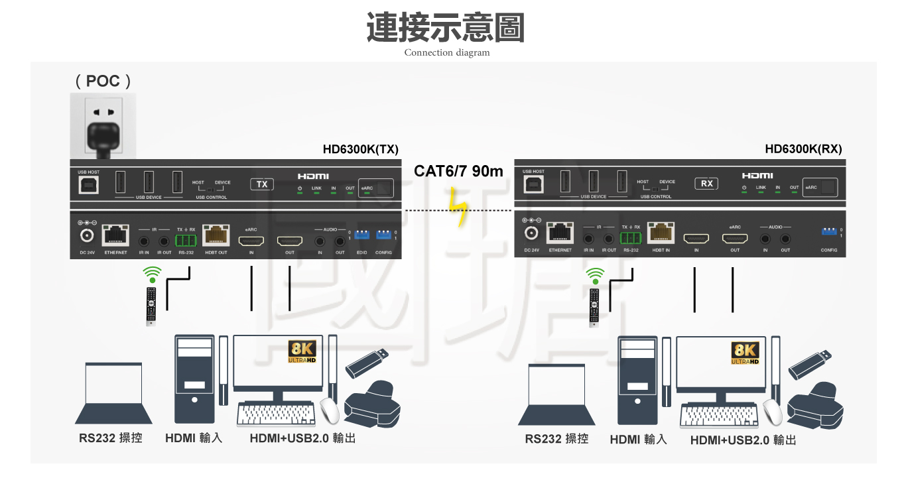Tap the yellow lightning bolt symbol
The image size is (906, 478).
[457, 208]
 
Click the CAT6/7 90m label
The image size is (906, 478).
[458, 171]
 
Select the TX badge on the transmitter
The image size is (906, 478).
[262, 184]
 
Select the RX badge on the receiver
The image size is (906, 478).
[707, 183]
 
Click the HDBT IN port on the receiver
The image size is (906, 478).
[661, 233]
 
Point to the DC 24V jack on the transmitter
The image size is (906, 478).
[87, 235]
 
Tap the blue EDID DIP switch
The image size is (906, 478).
[361, 235]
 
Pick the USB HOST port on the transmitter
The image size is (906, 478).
[88, 184]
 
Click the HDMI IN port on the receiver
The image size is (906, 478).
[696, 239]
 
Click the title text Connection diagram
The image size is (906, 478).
[446, 52]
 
